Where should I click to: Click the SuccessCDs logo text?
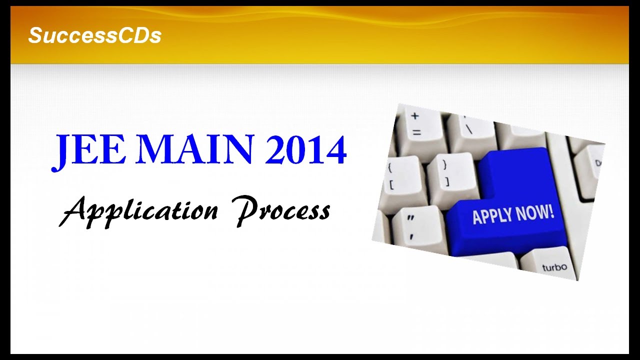94,35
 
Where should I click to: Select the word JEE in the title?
88,150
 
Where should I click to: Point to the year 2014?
305,150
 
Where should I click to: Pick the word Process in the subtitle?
283,210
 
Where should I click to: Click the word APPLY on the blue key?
493,216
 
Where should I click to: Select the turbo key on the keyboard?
554,265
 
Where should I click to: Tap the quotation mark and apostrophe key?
414,227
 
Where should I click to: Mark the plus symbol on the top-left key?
415,116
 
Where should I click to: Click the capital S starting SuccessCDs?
35,35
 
